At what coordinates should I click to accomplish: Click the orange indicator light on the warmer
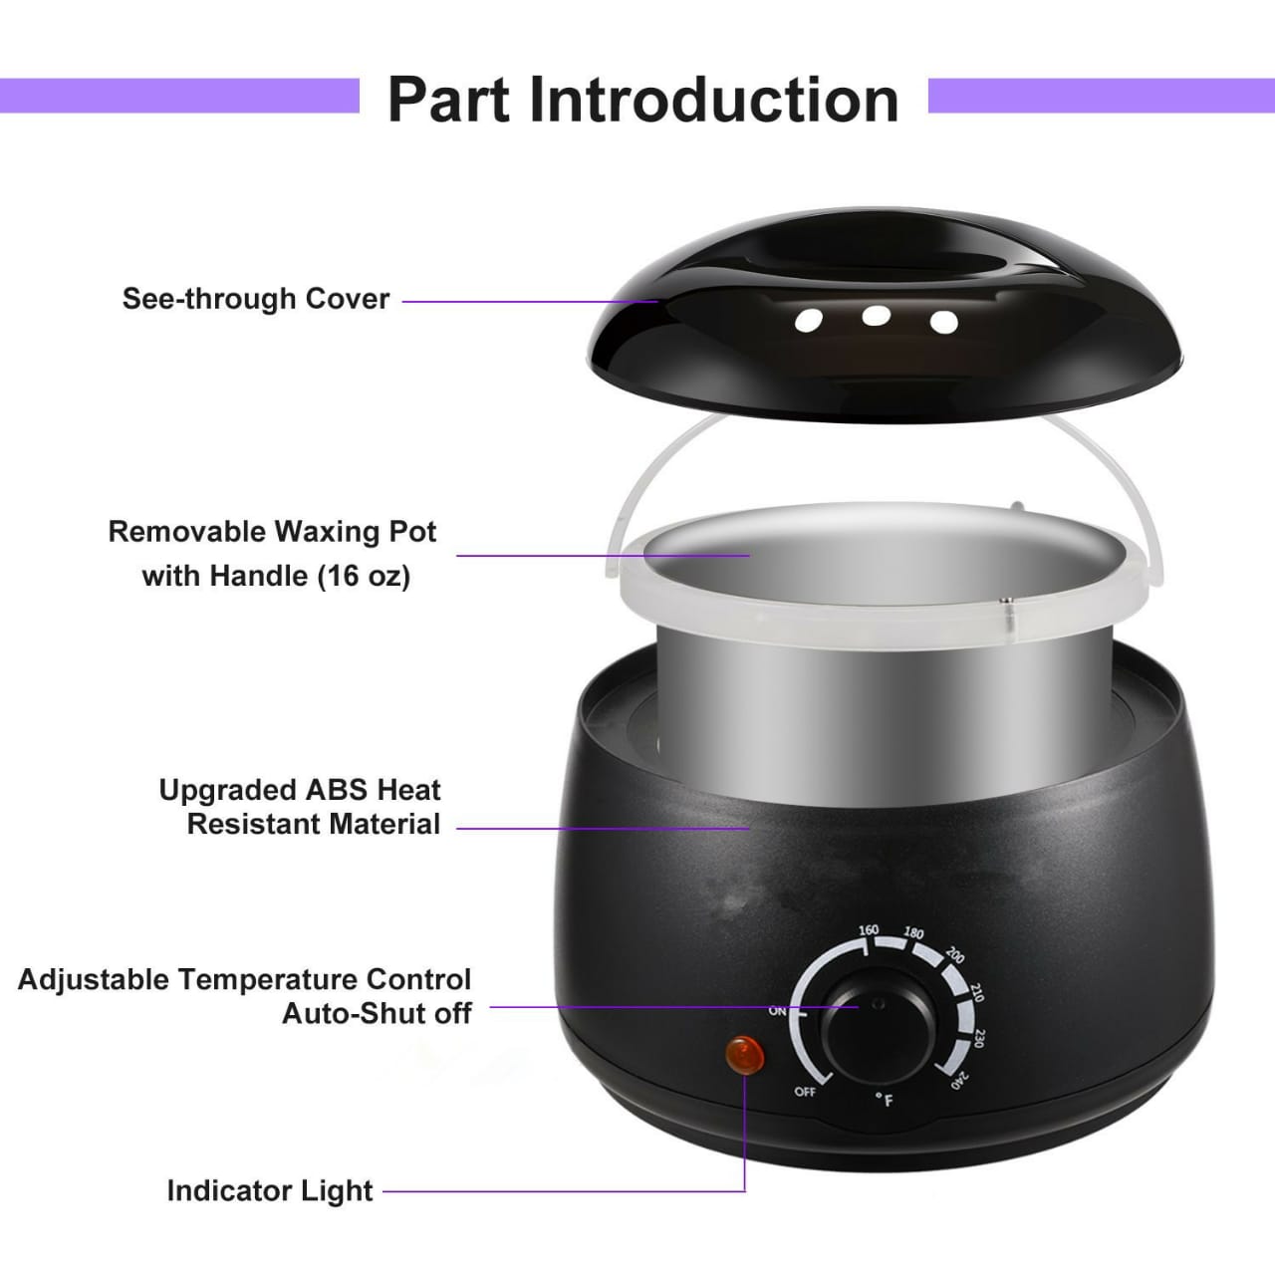745,1055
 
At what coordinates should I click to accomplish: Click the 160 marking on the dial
868,930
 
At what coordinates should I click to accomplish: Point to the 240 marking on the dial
959,1081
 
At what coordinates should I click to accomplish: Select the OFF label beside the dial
805,1092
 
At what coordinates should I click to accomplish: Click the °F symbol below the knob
884,1100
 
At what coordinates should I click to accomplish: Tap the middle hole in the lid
876,316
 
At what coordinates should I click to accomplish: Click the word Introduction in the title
714,100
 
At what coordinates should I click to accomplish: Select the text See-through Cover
256,299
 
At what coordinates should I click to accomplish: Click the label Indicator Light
270,1191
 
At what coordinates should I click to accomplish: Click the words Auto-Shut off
378,1014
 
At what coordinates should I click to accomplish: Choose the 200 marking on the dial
955,955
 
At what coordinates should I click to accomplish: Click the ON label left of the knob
777,1011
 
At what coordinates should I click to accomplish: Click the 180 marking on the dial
913,933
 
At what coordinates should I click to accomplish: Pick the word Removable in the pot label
187,531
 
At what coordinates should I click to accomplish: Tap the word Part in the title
448,100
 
